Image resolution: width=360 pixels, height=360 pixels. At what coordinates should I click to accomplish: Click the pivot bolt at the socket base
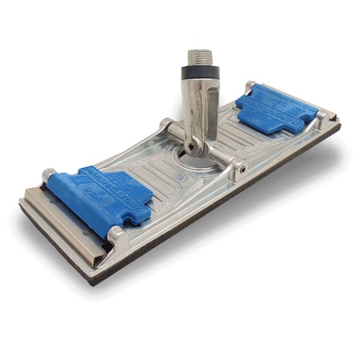(194, 146)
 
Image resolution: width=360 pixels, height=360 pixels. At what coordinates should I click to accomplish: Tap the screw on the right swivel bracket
(238, 169)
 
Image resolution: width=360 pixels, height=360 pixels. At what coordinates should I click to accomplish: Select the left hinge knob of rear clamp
(250, 86)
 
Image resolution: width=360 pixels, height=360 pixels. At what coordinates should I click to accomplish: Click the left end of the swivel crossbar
(166, 125)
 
